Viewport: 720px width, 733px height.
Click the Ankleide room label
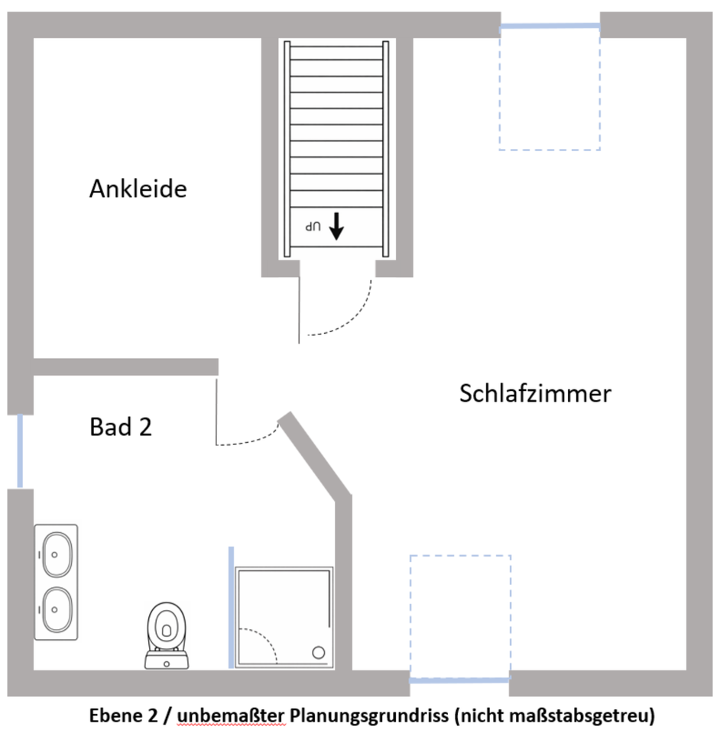[x=138, y=189]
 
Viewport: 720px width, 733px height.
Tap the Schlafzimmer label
[x=535, y=394]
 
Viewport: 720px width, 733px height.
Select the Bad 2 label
[x=121, y=427]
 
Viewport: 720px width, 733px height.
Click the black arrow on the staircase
[x=336, y=227]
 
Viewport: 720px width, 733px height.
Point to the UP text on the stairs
[x=312, y=227]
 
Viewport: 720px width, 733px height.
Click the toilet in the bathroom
[x=166, y=635]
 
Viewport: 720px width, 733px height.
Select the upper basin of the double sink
[x=56, y=554]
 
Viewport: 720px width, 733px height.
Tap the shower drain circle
[x=318, y=653]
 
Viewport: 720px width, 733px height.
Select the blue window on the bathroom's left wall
[x=20, y=450]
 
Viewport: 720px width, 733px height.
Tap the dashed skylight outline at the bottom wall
[x=460, y=615]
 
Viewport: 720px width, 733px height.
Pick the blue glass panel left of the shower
[x=230, y=607]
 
